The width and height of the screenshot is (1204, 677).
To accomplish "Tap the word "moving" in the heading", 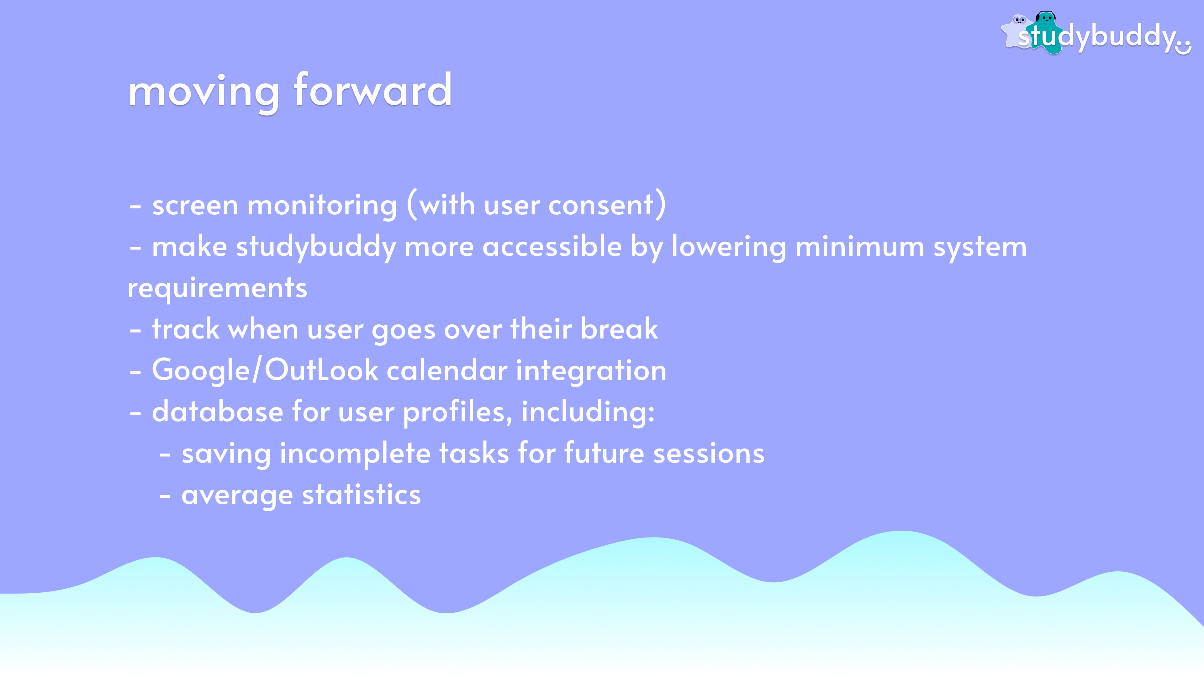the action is [204, 93].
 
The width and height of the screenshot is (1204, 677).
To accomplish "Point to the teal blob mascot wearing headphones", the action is [1045, 32].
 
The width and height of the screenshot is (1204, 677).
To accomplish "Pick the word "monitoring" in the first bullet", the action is [322, 206].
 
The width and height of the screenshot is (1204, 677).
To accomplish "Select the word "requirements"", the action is [217, 289].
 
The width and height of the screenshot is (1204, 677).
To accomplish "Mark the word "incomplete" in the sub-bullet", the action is [355, 454].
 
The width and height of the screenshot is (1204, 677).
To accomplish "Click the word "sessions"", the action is [709, 454].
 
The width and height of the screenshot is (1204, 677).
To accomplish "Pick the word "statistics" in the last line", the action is [361, 495].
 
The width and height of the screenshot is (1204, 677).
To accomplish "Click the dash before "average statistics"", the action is [165, 496].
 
